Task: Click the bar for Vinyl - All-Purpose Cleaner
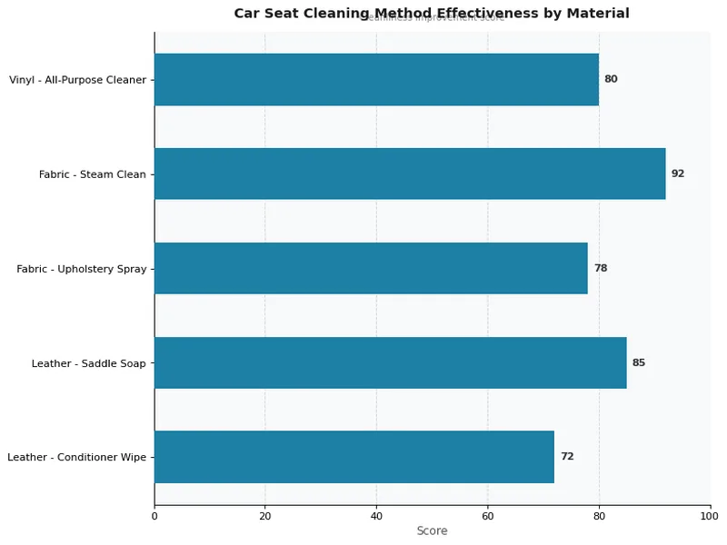[376, 79]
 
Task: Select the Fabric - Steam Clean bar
[410, 173]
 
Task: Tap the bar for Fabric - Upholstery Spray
[371, 268]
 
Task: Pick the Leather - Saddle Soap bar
[390, 362]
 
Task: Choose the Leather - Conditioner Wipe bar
[354, 457]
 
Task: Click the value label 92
[678, 173]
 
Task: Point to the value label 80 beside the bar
[611, 79]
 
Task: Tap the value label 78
[601, 268]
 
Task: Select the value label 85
[639, 362]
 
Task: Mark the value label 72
[567, 457]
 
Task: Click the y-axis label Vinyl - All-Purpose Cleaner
[77, 80]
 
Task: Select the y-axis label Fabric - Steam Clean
[93, 174]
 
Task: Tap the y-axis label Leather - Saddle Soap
[88, 363]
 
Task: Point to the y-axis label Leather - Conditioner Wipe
[76, 458]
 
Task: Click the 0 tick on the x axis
[154, 516]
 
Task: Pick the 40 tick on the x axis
[376, 516]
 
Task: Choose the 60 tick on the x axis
[488, 516]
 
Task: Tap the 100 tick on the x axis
[710, 516]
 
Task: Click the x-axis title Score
[432, 531]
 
